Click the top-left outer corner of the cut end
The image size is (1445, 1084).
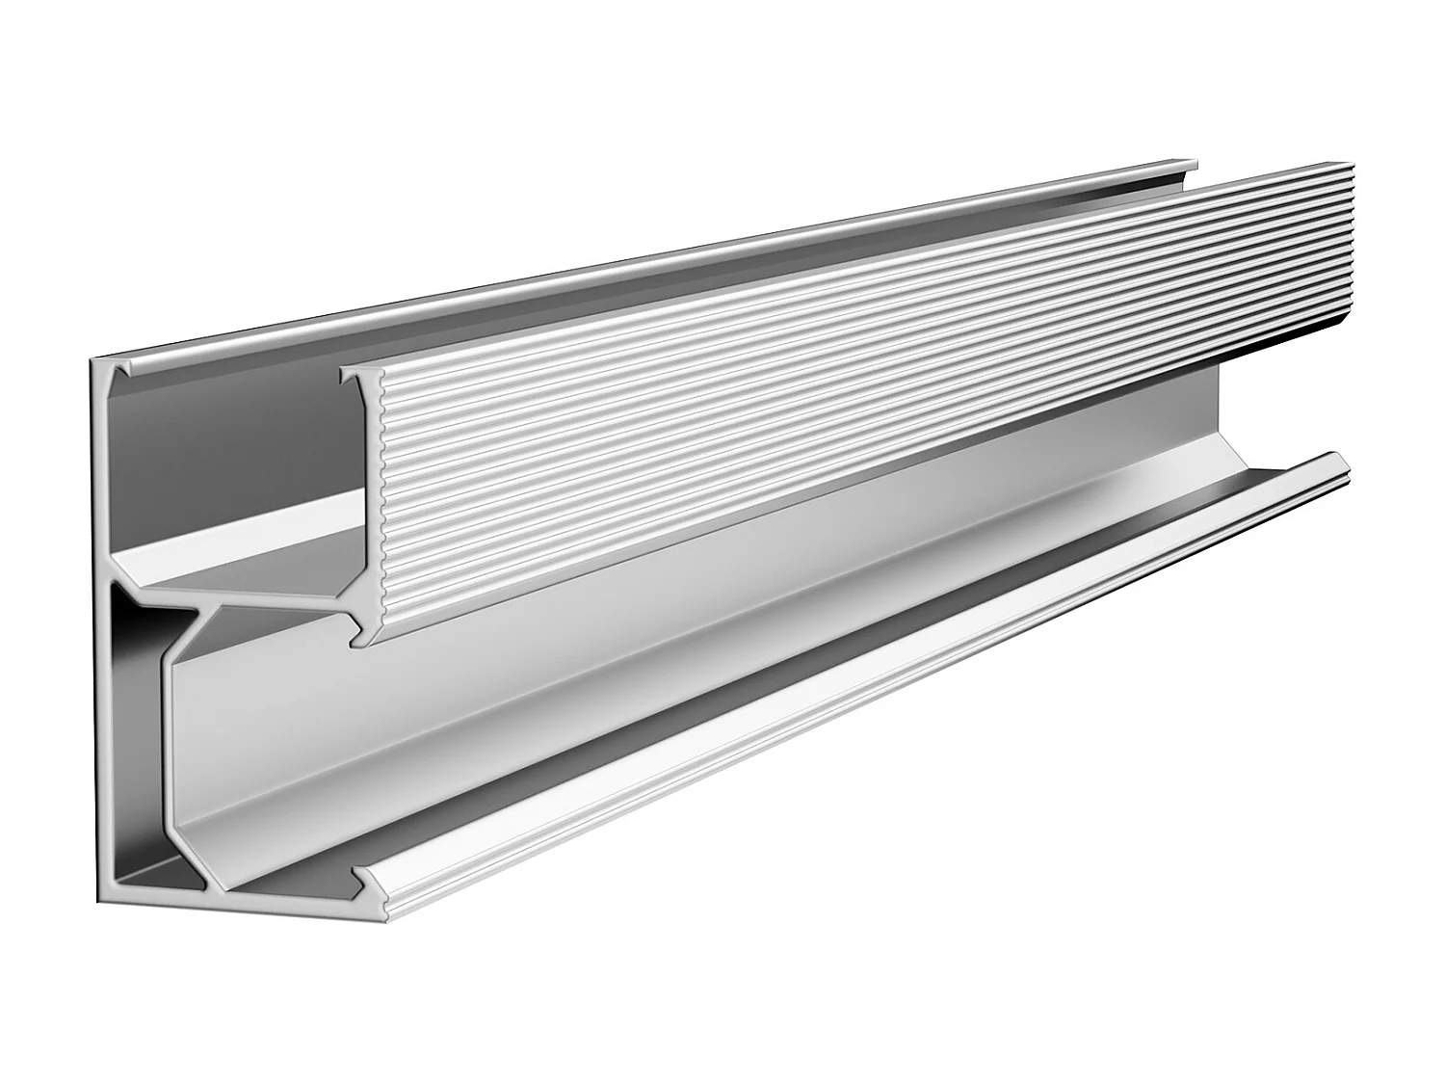(93, 360)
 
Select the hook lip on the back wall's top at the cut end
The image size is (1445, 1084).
(123, 371)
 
